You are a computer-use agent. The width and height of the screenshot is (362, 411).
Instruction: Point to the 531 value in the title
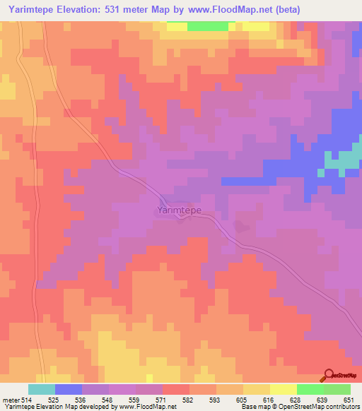(x=134, y=10)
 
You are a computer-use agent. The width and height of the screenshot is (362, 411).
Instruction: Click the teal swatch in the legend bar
(x=41, y=389)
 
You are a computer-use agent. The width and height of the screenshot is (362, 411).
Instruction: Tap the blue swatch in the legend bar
(x=68, y=389)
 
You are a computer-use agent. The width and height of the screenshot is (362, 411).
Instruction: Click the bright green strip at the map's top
(x=208, y=26)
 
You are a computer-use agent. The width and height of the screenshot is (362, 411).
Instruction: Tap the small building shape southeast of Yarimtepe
(x=243, y=227)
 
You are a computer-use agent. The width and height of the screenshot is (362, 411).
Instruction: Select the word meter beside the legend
(x=11, y=400)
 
